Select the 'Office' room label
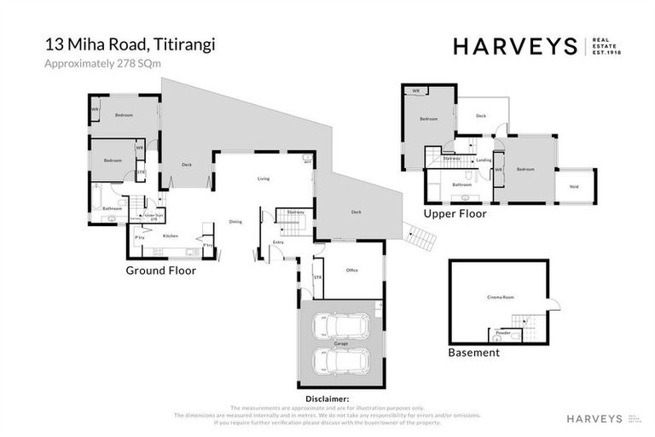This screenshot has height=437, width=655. click(351, 270)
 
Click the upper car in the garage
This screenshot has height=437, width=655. click(341, 326)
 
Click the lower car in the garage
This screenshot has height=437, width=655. click(341, 360)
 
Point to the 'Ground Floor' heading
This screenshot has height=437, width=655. click(161, 271)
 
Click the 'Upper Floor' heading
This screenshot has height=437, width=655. click(455, 213)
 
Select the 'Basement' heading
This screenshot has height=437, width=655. click(473, 352)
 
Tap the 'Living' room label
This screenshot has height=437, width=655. click(264, 178)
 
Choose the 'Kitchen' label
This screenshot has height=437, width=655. click(171, 236)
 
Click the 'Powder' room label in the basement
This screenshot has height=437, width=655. click(503, 333)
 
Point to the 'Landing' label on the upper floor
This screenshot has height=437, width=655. click(484, 160)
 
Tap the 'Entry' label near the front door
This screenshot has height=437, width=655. click(278, 242)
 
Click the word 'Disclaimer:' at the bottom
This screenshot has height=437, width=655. click(327, 399)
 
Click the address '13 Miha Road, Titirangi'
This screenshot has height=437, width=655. click(130, 44)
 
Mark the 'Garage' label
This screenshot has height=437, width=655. click(341, 342)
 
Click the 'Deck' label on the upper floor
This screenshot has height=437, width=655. click(481, 115)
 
